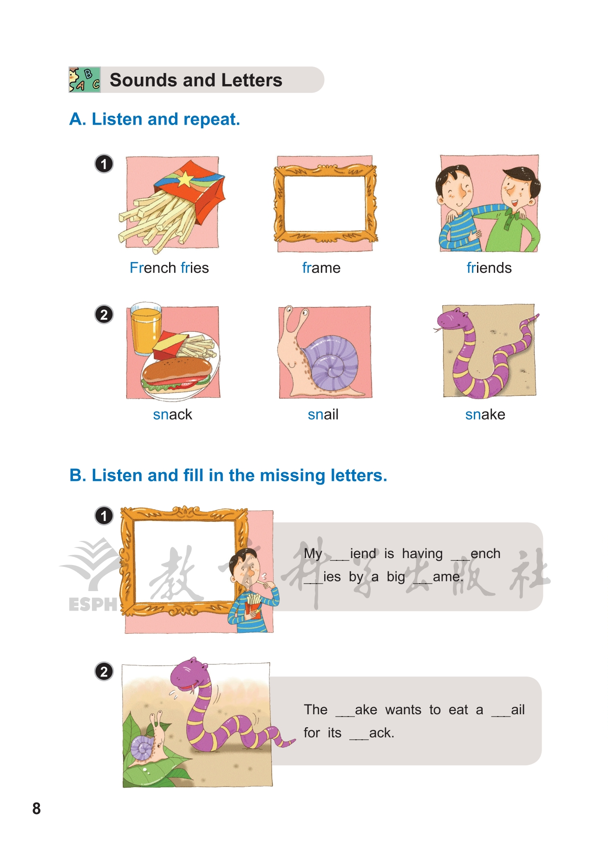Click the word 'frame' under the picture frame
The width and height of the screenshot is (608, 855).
pos(321,268)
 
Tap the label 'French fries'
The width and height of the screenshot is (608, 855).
pos(169,268)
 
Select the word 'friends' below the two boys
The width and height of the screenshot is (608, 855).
pos(489,268)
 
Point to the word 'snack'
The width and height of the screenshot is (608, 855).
pos(172,414)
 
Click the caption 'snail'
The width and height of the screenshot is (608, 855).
pos(323,414)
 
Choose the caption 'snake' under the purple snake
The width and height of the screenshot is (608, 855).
pos(485,414)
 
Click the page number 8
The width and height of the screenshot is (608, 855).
pos(36,809)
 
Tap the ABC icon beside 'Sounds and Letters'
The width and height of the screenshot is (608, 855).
pos(85,79)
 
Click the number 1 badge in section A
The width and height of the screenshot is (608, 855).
pos(104,164)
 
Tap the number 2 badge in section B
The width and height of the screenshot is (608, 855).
pos(104,671)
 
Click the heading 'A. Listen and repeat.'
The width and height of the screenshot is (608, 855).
pos(155,119)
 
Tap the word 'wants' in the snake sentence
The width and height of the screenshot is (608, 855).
pos(403,710)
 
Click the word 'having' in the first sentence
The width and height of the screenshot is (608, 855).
pos(422,554)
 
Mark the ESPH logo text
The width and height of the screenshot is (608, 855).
pos(93,605)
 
